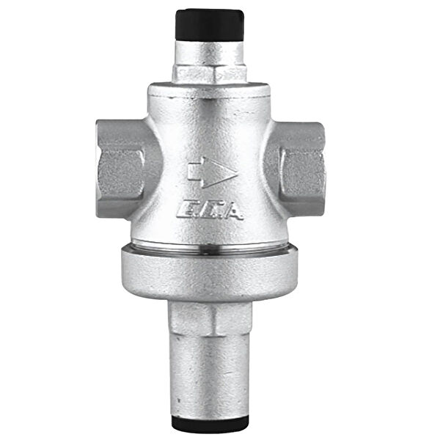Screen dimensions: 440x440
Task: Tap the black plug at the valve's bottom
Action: [x=211, y=425]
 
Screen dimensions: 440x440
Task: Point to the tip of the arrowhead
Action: [x=235, y=173]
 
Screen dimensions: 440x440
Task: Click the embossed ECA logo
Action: [x=210, y=211]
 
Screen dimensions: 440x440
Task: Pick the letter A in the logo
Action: [x=232, y=211]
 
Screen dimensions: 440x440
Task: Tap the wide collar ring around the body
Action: [x=211, y=273]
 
